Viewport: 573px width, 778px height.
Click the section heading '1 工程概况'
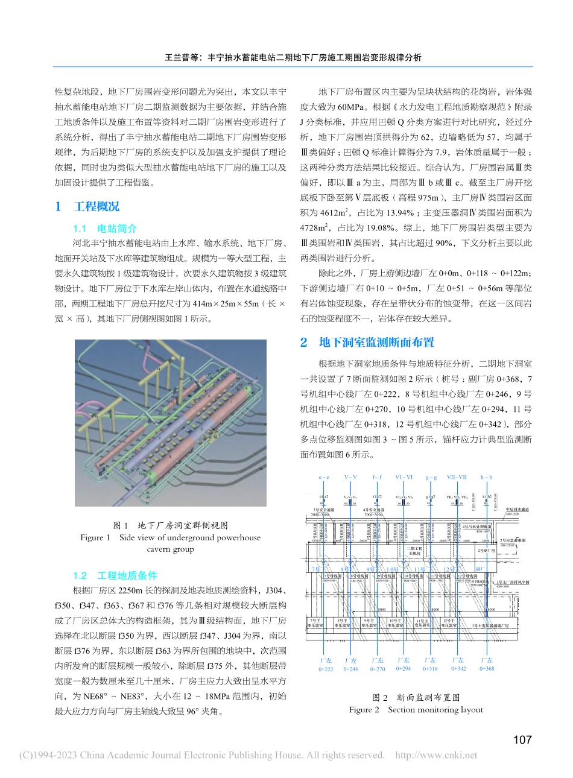pos(87,207)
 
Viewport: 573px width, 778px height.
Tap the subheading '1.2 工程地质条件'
pos(115,575)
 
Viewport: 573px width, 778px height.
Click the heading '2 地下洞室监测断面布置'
pos(367,343)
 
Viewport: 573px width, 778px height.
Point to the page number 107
pos(522,739)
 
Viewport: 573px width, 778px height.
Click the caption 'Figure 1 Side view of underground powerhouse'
pos(171,537)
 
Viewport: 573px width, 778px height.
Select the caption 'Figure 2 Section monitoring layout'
pos(416,710)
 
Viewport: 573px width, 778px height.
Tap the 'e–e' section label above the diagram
pos(324,477)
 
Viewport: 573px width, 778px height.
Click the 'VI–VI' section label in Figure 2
pos(404,477)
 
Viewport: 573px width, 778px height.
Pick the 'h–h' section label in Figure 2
pos(486,477)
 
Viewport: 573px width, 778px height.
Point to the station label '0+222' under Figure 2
pos(326,669)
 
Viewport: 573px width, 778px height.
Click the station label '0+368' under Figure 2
pos(487,668)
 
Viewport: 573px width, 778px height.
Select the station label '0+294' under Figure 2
pos(404,668)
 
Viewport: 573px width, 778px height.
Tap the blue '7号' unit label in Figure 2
pos(315,569)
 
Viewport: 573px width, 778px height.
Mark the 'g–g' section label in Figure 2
pos(431,477)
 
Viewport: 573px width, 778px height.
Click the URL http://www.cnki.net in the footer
pos(436,755)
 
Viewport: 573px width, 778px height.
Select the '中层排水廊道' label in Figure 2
pos(517,510)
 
